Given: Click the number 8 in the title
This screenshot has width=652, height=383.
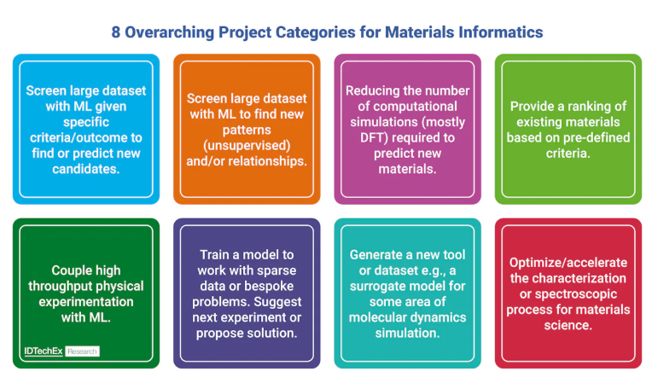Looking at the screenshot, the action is click(116, 32).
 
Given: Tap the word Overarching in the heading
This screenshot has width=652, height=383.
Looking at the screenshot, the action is click(170, 32).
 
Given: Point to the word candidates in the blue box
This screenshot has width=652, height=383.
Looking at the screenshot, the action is click(85, 169).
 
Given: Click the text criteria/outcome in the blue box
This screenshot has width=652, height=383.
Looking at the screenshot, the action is click(86, 137).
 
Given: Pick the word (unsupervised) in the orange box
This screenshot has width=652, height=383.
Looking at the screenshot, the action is click(247, 145).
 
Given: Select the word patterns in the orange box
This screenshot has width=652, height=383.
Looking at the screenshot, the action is click(247, 131).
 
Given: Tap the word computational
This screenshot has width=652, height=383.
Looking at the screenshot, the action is click(408, 107).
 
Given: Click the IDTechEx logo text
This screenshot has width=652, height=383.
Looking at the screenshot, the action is click(44, 351).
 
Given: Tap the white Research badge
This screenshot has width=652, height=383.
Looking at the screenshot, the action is click(82, 351).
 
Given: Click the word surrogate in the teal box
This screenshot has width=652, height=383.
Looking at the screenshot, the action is click(378, 287).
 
